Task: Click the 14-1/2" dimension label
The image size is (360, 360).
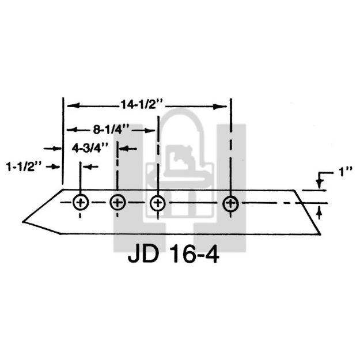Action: pyautogui.click(x=143, y=105)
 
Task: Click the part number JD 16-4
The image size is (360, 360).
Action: pyautogui.click(x=173, y=254)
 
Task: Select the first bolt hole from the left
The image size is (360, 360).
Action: pyautogui.click(x=80, y=202)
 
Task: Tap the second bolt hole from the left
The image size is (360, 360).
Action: pyautogui.click(x=118, y=202)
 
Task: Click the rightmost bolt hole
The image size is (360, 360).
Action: pyautogui.click(x=230, y=202)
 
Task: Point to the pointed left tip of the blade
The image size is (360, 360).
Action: pyautogui.click(x=23, y=221)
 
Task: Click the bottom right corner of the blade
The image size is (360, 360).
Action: pyautogui.click(x=320, y=233)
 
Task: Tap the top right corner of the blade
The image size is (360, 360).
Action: pyautogui.click(x=295, y=190)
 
